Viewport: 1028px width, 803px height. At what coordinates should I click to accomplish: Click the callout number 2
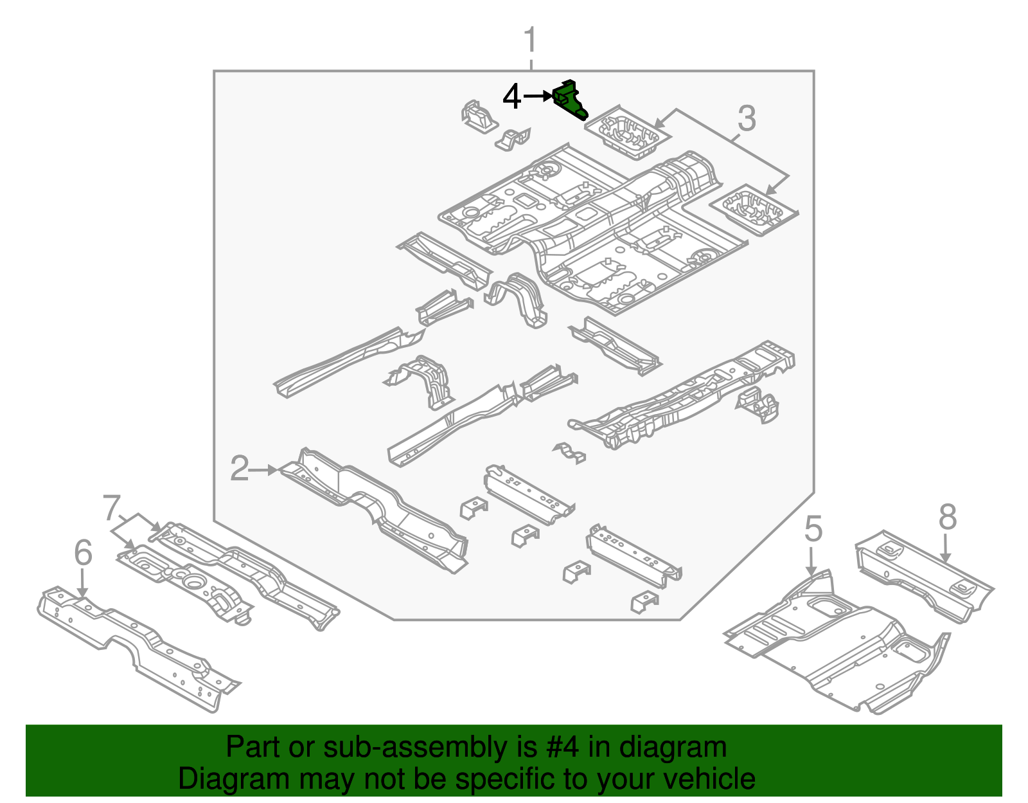coord(239,469)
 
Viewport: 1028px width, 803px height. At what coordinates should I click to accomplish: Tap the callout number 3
coord(746,118)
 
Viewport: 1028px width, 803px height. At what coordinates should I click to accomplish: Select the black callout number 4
coord(511,97)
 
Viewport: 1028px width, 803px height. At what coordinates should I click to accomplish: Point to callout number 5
coord(813,529)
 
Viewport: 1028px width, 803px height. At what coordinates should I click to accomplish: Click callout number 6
coord(83,554)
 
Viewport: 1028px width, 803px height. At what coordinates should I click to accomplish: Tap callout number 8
coord(948,517)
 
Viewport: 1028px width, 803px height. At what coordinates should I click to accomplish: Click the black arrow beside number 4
coord(538,96)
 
